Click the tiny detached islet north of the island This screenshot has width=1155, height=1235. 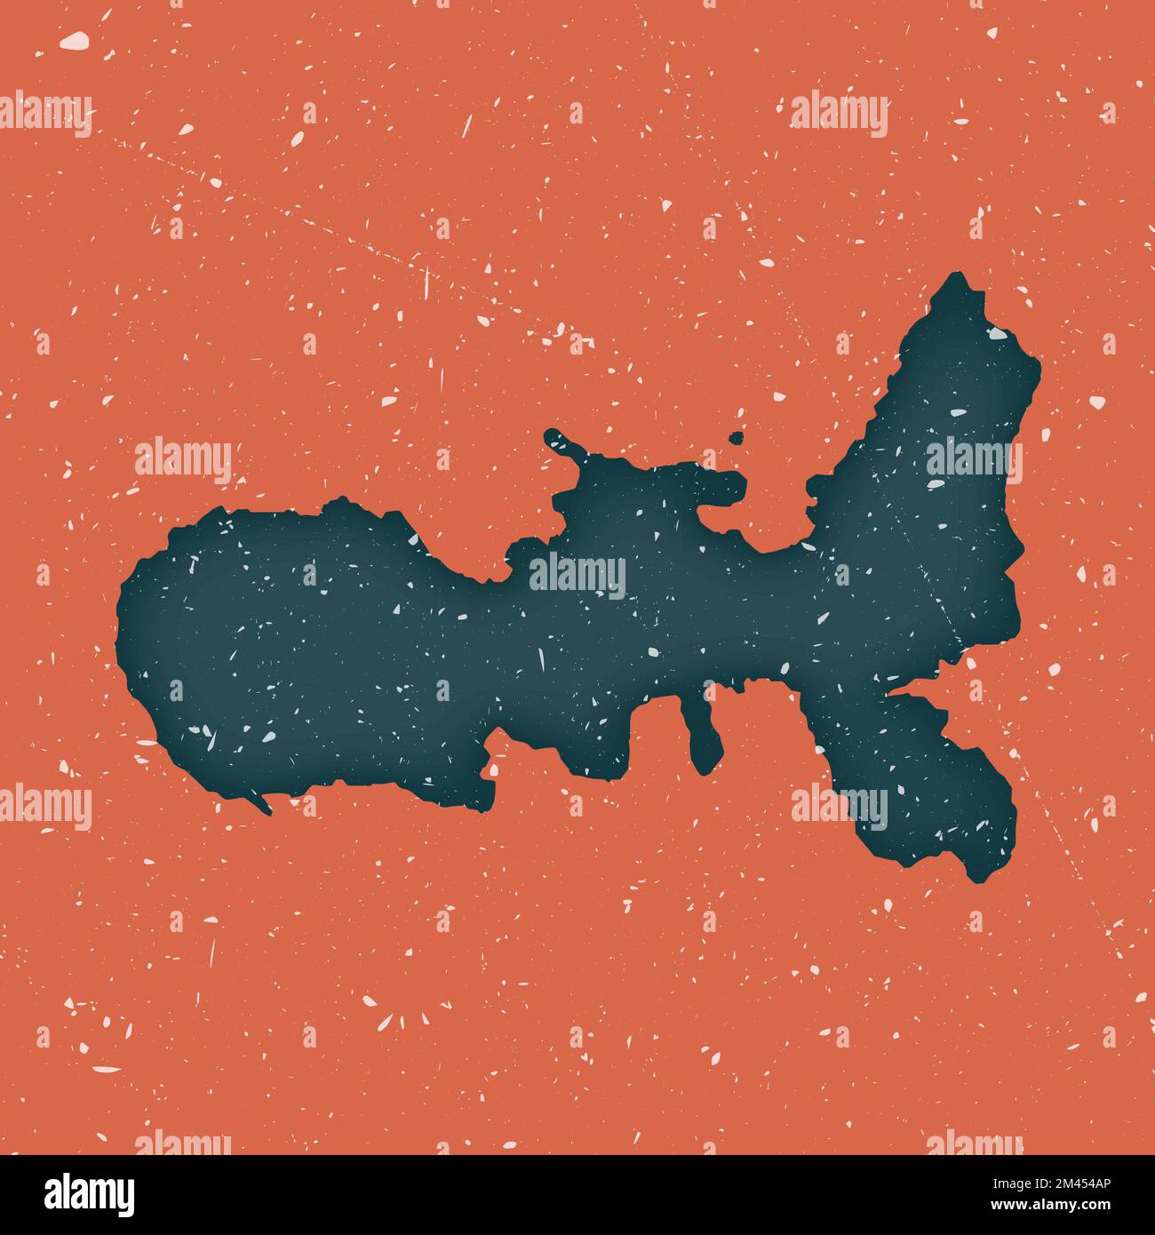click(x=736, y=437)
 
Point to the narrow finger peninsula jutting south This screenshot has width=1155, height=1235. click(x=703, y=737)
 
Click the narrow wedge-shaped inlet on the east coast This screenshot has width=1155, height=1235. click(x=915, y=689)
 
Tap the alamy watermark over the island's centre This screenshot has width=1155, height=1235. click(x=577, y=573)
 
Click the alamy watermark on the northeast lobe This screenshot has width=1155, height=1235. click(x=973, y=458)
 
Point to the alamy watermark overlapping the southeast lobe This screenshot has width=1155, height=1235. click(x=840, y=804)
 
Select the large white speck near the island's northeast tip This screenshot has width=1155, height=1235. click(x=995, y=335)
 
